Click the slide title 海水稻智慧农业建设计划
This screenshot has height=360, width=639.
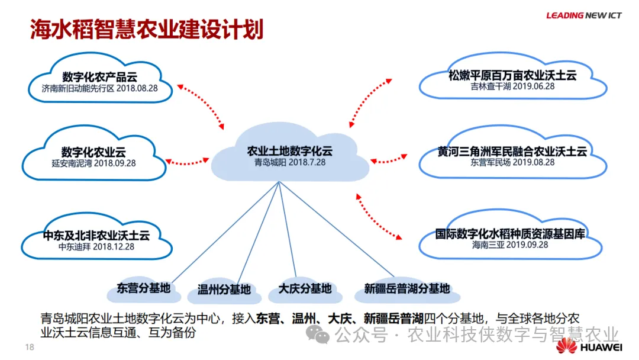pyautogui.click(x=147, y=29)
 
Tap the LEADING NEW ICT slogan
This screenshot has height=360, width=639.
pyautogui.click(x=583, y=15)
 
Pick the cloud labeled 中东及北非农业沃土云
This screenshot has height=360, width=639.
pyautogui.click(x=96, y=239)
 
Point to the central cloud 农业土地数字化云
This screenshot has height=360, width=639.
pyautogui.click(x=290, y=155)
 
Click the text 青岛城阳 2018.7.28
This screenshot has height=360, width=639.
pyautogui.click(x=290, y=162)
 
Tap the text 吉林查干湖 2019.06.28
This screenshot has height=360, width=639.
pyautogui.click(x=512, y=86)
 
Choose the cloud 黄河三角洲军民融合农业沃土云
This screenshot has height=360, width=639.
pyautogui.click(x=512, y=156)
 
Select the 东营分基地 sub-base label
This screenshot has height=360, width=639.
pyautogui.click(x=143, y=288)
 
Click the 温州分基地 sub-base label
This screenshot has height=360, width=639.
pyautogui.click(x=224, y=290)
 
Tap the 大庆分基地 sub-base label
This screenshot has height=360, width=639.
pyautogui.click(x=305, y=289)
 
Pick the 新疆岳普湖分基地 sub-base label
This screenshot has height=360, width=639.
pyautogui.click(x=406, y=289)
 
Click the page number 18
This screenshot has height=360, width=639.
pyautogui.click(x=28, y=346)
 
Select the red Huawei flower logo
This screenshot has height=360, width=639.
pyautogui.click(x=566, y=347)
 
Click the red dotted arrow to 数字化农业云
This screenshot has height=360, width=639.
pyautogui.click(x=189, y=160)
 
